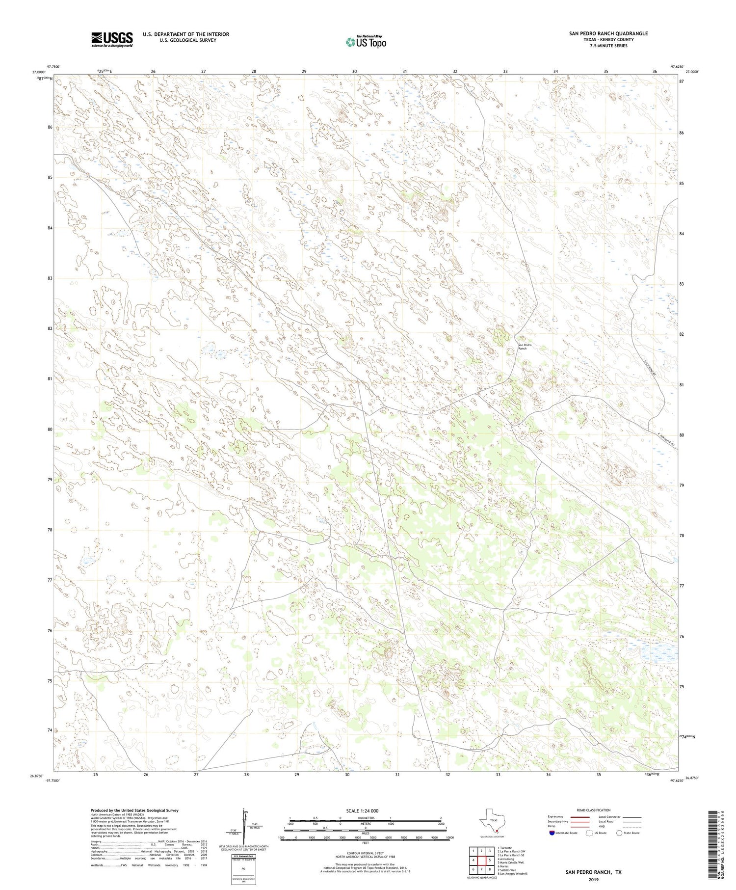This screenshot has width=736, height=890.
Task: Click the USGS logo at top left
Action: pyautogui.click(x=112, y=39)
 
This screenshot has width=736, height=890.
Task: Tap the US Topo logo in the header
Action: pyautogui.click(x=366, y=42)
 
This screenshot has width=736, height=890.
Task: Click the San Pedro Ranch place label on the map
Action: pyautogui.click(x=525, y=347)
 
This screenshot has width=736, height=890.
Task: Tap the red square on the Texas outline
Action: pyautogui.click(x=497, y=831)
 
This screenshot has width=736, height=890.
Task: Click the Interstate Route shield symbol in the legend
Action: pyautogui.click(x=553, y=833)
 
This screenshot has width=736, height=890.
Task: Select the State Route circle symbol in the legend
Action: pyautogui.click(x=619, y=833)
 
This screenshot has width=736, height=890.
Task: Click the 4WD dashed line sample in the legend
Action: pyautogui.click(x=633, y=827)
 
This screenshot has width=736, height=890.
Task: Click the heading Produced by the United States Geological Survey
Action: pyautogui.click(x=134, y=810)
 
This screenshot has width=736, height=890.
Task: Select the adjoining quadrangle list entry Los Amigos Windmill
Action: pyautogui.click(x=512, y=873)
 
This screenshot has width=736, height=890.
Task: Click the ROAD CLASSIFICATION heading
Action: pyautogui.click(x=593, y=810)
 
